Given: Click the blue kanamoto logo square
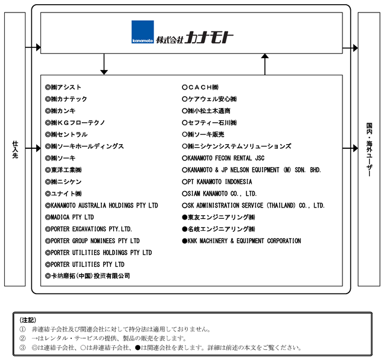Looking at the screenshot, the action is tap(143, 32).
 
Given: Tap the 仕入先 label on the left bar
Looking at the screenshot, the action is tap(15, 149).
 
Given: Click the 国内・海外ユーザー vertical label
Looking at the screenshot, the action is tap(369, 149).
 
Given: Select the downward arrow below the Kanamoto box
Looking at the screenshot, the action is tap(104, 64).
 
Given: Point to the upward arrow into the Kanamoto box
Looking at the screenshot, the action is tap(265, 64).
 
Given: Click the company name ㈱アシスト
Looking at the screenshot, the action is tap(66, 87).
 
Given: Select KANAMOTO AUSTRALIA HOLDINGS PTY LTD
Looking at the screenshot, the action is tap(104, 205).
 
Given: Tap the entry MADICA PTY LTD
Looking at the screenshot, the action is tap(72, 217).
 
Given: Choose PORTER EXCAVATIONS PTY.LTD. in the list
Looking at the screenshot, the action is tap(91, 229).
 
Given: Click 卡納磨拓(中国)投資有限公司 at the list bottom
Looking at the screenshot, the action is tap(90, 276).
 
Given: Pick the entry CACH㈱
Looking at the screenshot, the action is tap(203, 87).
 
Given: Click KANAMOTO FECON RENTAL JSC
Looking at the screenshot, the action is tap(226, 158).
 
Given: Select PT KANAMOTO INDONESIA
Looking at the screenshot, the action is tap(220, 182).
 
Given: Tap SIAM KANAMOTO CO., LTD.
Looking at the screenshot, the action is tap(222, 193).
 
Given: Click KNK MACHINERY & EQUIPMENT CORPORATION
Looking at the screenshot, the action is tap(244, 241).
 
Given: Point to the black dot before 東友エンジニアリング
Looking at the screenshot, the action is tap(185, 218).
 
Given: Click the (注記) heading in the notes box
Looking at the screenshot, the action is tap(28, 320).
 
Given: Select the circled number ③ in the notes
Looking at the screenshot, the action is tap(23, 348).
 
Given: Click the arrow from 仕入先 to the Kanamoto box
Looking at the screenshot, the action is tap(33, 47).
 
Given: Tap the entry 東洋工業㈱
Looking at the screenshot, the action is tap(66, 170).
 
